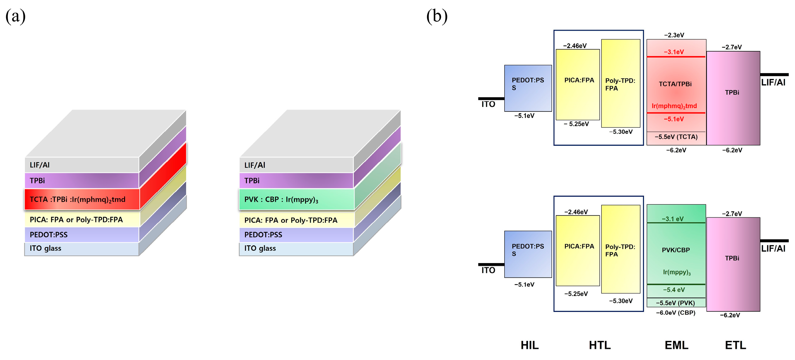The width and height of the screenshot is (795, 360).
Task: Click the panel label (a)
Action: tap(16, 16)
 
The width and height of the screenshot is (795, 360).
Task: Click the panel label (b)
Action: tap(437, 16)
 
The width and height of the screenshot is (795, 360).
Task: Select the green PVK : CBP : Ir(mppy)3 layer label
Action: tap(281, 200)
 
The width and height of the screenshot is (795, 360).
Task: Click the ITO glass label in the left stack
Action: tap(45, 248)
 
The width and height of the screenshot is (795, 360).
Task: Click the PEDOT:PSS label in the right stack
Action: tap(263, 235)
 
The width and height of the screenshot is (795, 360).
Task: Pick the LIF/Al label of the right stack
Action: tap(255, 165)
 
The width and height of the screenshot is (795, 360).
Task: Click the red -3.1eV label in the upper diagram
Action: tap(674, 52)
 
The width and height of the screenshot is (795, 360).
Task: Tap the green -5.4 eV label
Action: tap(674, 290)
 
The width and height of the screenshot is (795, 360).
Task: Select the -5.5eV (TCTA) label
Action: tap(676, 137)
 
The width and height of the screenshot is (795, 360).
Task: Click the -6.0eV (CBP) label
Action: tap(676, 313)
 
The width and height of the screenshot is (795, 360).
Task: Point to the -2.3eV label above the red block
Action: tap(674, 35)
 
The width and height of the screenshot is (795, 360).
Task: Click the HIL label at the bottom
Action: tap(530, 345)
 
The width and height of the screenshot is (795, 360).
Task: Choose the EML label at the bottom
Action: tap(676, 345)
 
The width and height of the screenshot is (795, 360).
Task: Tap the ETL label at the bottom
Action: tap(736, 345)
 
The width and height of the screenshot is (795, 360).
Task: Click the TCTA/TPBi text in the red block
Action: tap(675, 84)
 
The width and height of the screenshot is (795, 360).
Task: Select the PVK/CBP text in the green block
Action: tap(676, 250)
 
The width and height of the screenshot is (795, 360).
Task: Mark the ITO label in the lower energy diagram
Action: tap(488, 270)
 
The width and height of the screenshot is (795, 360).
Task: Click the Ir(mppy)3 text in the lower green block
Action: tap(676, 272)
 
